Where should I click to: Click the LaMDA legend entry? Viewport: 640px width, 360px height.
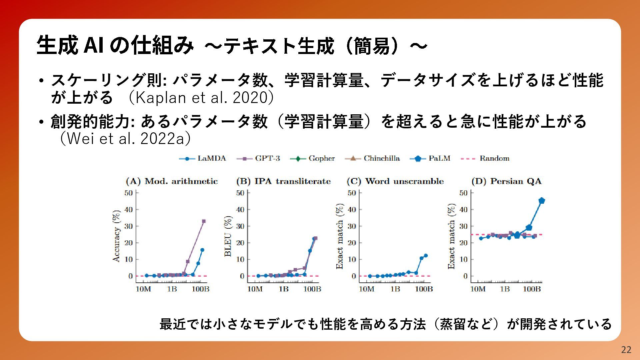(x=203, y=158)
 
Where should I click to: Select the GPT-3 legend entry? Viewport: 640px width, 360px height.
(x=258, y=158)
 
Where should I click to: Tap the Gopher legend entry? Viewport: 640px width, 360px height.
(x=312, y=158)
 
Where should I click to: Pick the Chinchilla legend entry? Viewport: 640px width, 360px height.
(x=372, y=158)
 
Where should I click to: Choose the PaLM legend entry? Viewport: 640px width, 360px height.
(x=430, y=158)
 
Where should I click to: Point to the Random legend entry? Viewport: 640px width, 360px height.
(x=485, y=158)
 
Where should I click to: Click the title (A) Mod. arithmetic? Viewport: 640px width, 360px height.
(x=172, y=181)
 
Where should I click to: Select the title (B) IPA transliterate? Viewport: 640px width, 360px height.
(x=283, y=181)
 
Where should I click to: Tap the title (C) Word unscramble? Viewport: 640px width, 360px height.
(x=395, y=181)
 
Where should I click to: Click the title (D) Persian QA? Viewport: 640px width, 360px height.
(x=507, y=181)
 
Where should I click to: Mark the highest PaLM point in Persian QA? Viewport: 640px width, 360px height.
(x=542, y=200)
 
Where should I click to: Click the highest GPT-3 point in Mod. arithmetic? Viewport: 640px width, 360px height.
(x=204, y=221)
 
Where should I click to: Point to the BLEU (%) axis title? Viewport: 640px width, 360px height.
(x=228, y=236)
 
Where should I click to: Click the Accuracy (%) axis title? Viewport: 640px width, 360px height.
(x=116, y=236)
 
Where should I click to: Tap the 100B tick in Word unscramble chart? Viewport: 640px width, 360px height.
(x=424, y=289)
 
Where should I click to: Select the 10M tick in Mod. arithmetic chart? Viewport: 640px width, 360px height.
(x=143, y=289)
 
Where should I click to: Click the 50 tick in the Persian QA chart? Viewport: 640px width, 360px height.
(x=463, y=193)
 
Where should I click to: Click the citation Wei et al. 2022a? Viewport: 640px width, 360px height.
(x=125, y=138)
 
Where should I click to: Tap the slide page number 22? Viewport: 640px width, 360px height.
(x=626, y=350)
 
